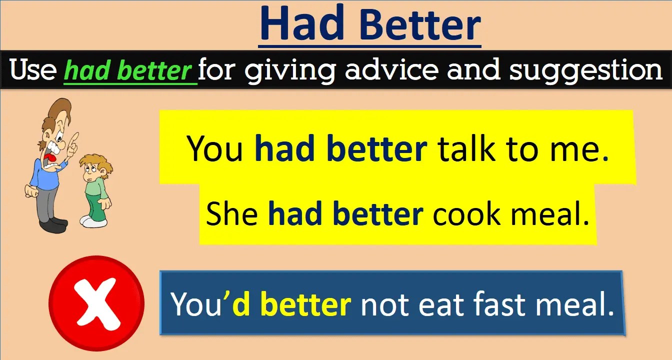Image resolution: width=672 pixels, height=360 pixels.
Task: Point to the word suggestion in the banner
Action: coord(585,70)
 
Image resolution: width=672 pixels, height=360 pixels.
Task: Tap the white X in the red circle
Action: coord(96,302)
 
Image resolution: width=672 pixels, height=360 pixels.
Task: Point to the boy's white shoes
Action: coord(93,221)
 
